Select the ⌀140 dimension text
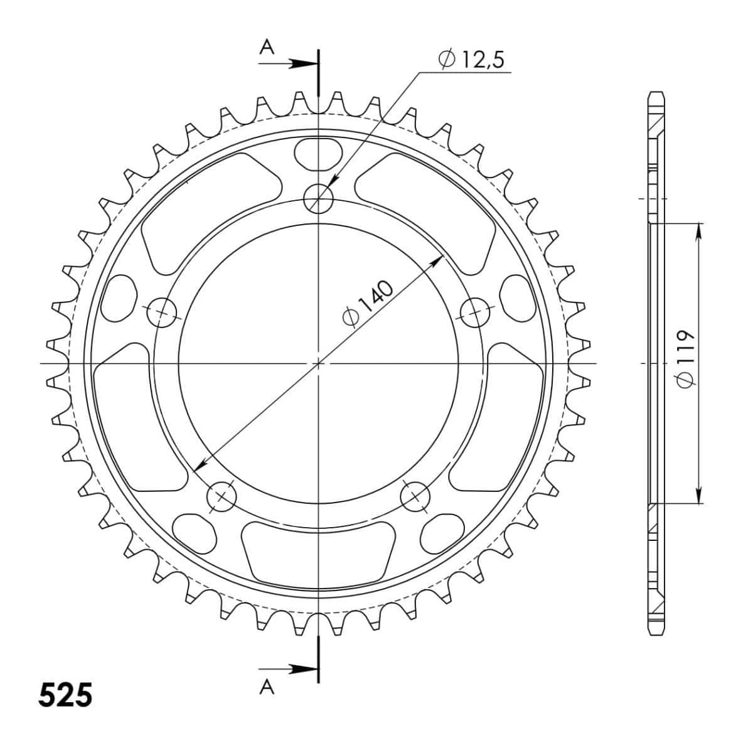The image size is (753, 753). pos(369,304)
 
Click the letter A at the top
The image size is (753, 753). pos(267,47)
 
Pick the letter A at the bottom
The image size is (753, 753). pos(267,688)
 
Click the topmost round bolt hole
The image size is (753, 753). pos(319,199)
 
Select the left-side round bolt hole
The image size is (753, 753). pos(163,312)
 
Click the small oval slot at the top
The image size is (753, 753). pos(319,154)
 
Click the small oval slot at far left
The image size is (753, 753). pos(119,296)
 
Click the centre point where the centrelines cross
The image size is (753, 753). pos(319,363)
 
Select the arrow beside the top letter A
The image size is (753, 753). pos(301,63)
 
